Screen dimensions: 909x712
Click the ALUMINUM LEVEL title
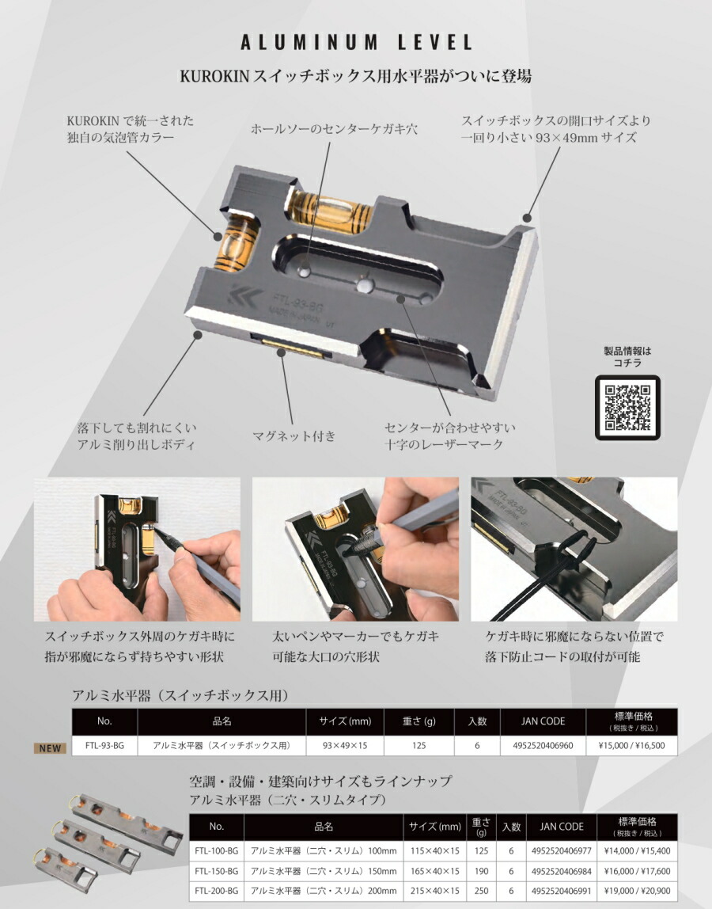click(x=355, y=43)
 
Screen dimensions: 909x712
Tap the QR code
click(x=627, y=407)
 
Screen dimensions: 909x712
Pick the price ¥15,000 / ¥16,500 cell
click(x=631, y=745)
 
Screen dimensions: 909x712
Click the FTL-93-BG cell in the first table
click(x=104, y=745)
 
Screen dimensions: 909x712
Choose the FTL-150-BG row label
click(x=216, y=870)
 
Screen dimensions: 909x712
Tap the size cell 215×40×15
click(x=434, y=891)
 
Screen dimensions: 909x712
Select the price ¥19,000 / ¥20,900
click(x=637, y=891)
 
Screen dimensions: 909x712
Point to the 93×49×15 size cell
click(x=345, y=745)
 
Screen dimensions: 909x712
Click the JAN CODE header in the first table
click(x=543, y=721)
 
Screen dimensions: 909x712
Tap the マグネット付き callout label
click(x=294, y=435)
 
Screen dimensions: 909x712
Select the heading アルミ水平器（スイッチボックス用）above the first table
click(x=180, y=695)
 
